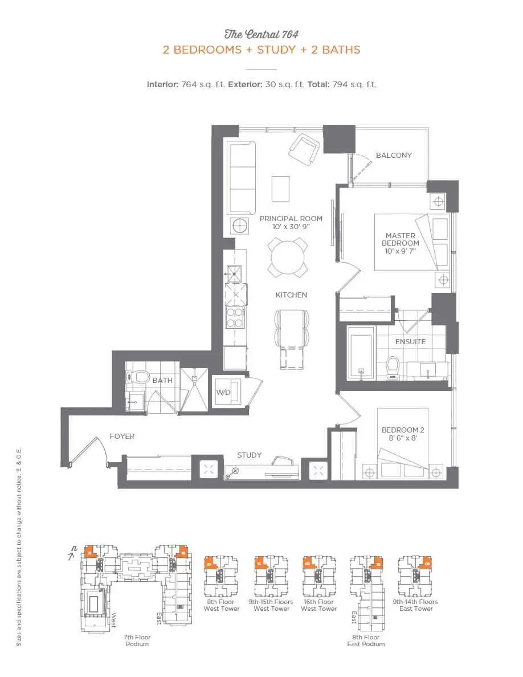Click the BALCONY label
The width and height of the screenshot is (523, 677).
tap(393, 155)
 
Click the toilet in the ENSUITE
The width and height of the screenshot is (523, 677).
tap(393, 367)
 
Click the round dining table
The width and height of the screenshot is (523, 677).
tap(288, 257)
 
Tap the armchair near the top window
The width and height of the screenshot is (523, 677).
tap(304, 149)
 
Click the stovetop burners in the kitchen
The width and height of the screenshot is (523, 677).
tap(235, 318)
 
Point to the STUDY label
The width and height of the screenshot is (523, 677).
tap(250, 455)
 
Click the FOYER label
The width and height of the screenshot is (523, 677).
tap(122, 437)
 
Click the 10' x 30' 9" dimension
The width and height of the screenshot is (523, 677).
tap(291, 227)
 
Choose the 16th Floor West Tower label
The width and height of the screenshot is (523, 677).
tap(318, 605)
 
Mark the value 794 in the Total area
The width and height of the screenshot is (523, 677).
tap(341, 84)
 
